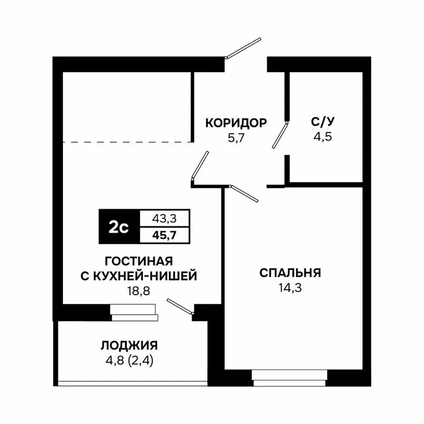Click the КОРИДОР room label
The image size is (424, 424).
tap(236, 123)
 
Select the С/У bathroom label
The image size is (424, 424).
tap(324, 123)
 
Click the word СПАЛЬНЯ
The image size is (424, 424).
tap(290, 273)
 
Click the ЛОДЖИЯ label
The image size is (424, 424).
tap(129, 346)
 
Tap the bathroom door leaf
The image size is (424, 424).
tap(281, 134)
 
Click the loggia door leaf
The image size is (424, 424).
tap(180, 308)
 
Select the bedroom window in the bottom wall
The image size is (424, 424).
tap(290, 376)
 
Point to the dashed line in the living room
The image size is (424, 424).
tap(127, 142)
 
